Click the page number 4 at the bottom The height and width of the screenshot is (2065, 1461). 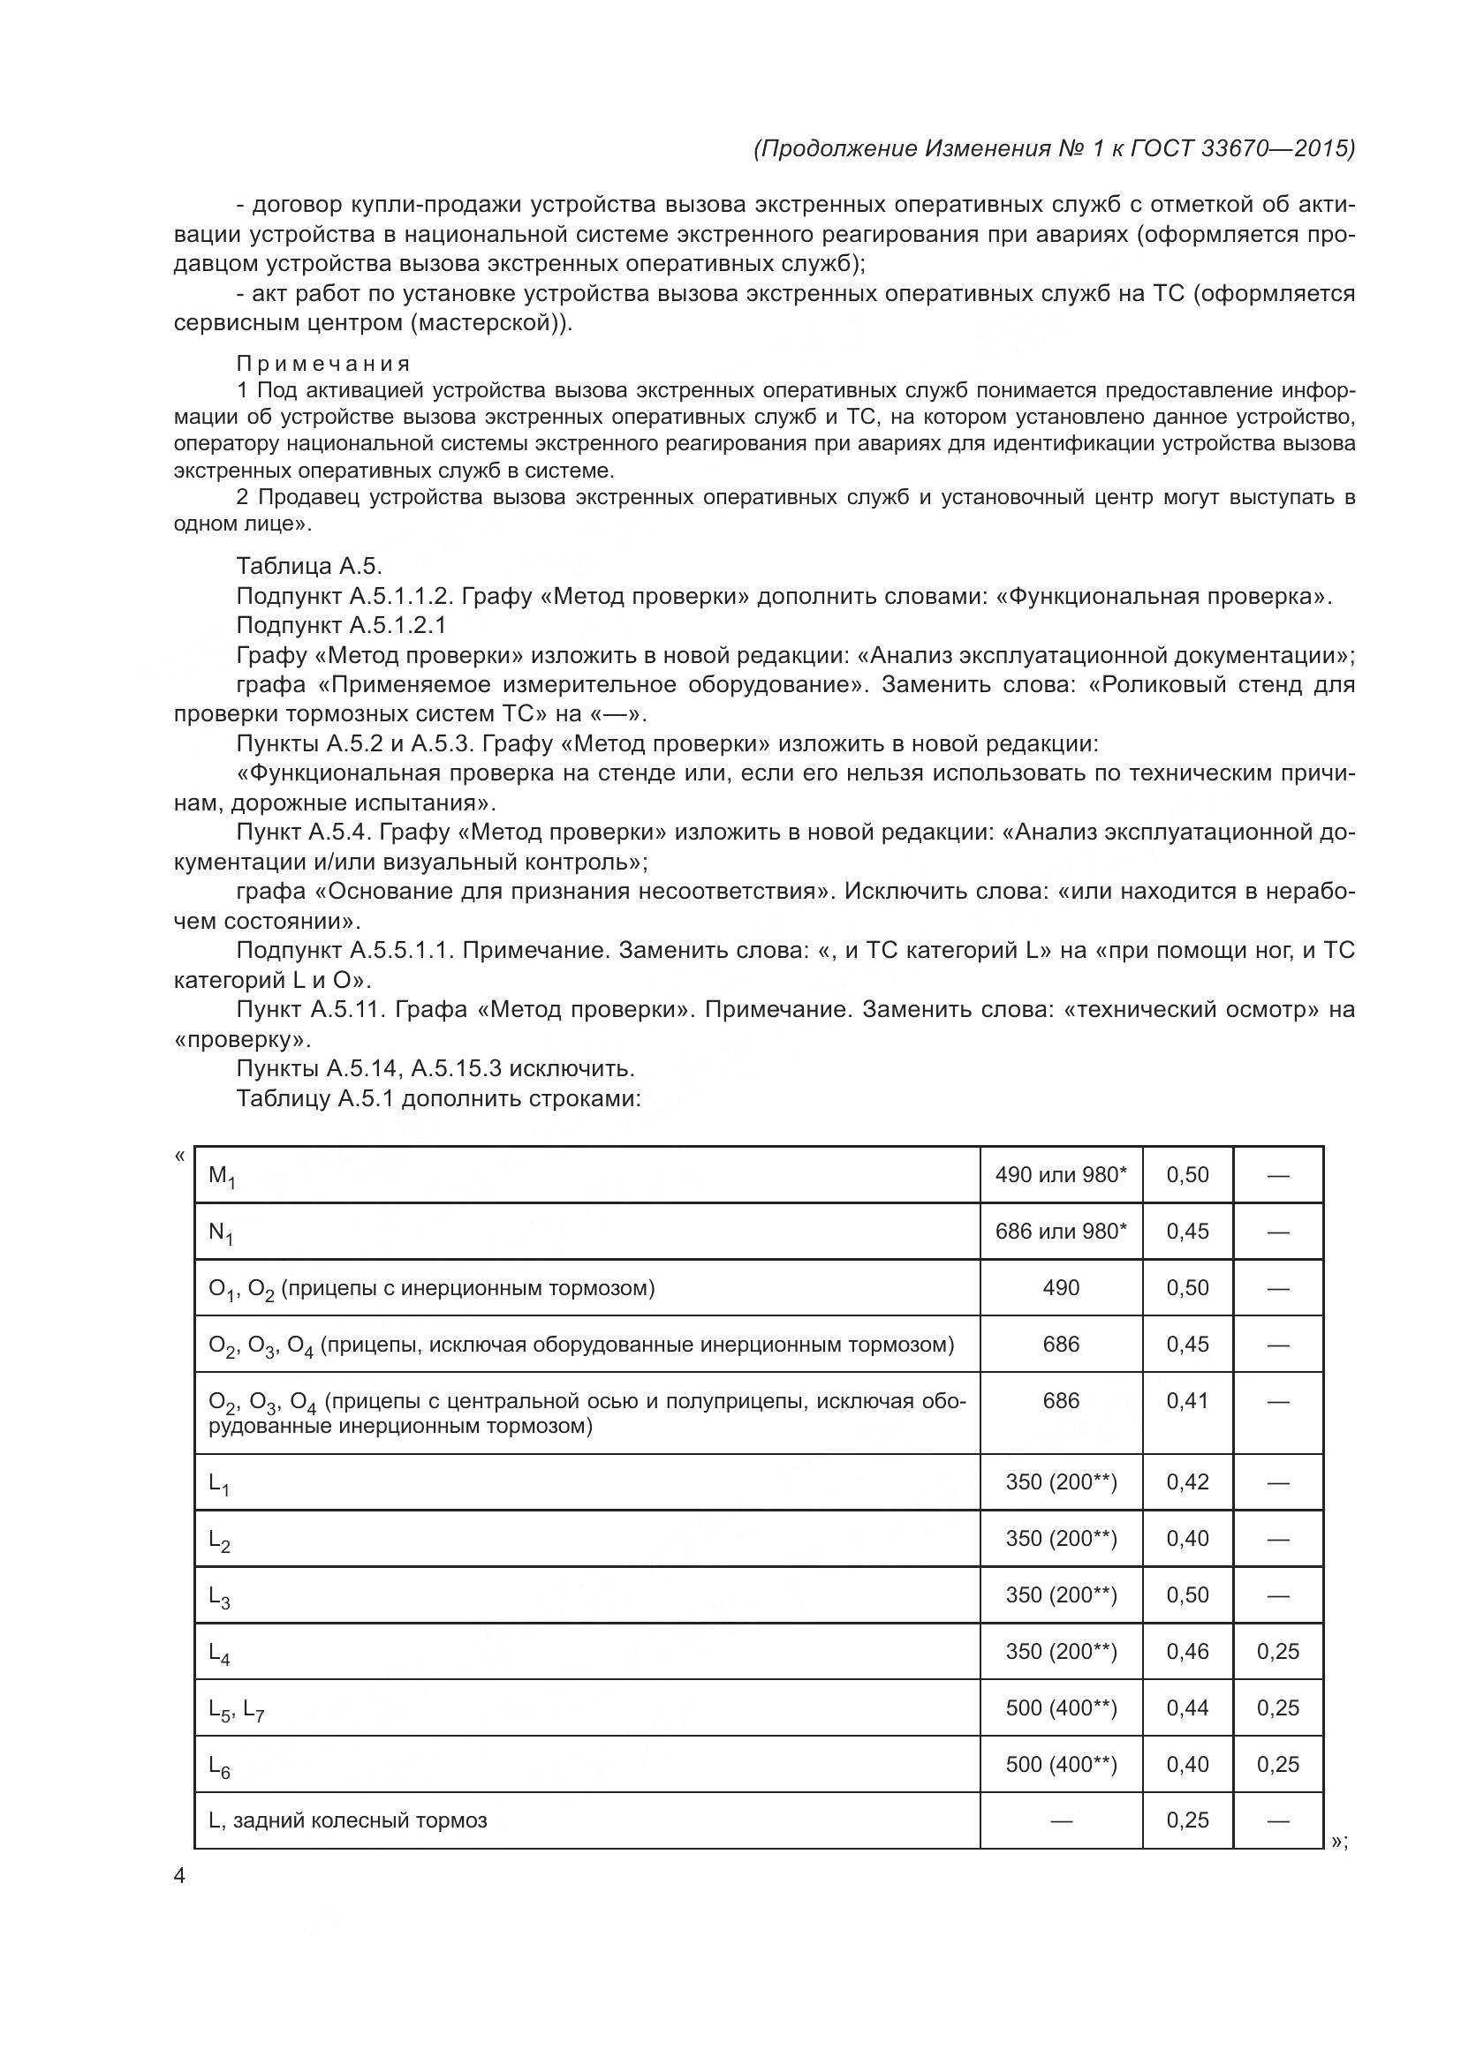click(x=180, y=1875)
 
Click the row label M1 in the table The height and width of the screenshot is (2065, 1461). click(x=222, y=1175)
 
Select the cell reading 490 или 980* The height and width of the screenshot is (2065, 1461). click(x=1061, y=1174)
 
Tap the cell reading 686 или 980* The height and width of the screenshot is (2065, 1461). click(x=1061, y=1232)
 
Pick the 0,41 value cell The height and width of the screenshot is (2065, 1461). click(x=1187, y=1400)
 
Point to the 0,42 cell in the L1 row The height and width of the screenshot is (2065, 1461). click(x=1187, y=1481)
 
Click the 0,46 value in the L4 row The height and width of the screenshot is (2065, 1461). click(x=1187, y=1651)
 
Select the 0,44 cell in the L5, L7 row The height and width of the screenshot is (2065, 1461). click(x=1187, y=1708)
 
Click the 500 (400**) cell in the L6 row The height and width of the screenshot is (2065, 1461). click(x=1061, y=1764)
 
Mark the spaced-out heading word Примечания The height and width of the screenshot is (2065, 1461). click(x=323, y=364)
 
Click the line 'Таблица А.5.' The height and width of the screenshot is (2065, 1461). click(x=309, y=566)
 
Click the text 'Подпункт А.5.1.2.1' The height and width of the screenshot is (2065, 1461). click(x=341, y=625)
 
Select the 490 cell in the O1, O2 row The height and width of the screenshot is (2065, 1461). click(x=1061, y=1288)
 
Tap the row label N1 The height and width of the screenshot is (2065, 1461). click(x=222, y=1232)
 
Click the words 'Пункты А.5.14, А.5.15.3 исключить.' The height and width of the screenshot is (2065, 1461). click(x=435, y=1068)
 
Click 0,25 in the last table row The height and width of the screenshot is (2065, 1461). click(x=1187, y=1820)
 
